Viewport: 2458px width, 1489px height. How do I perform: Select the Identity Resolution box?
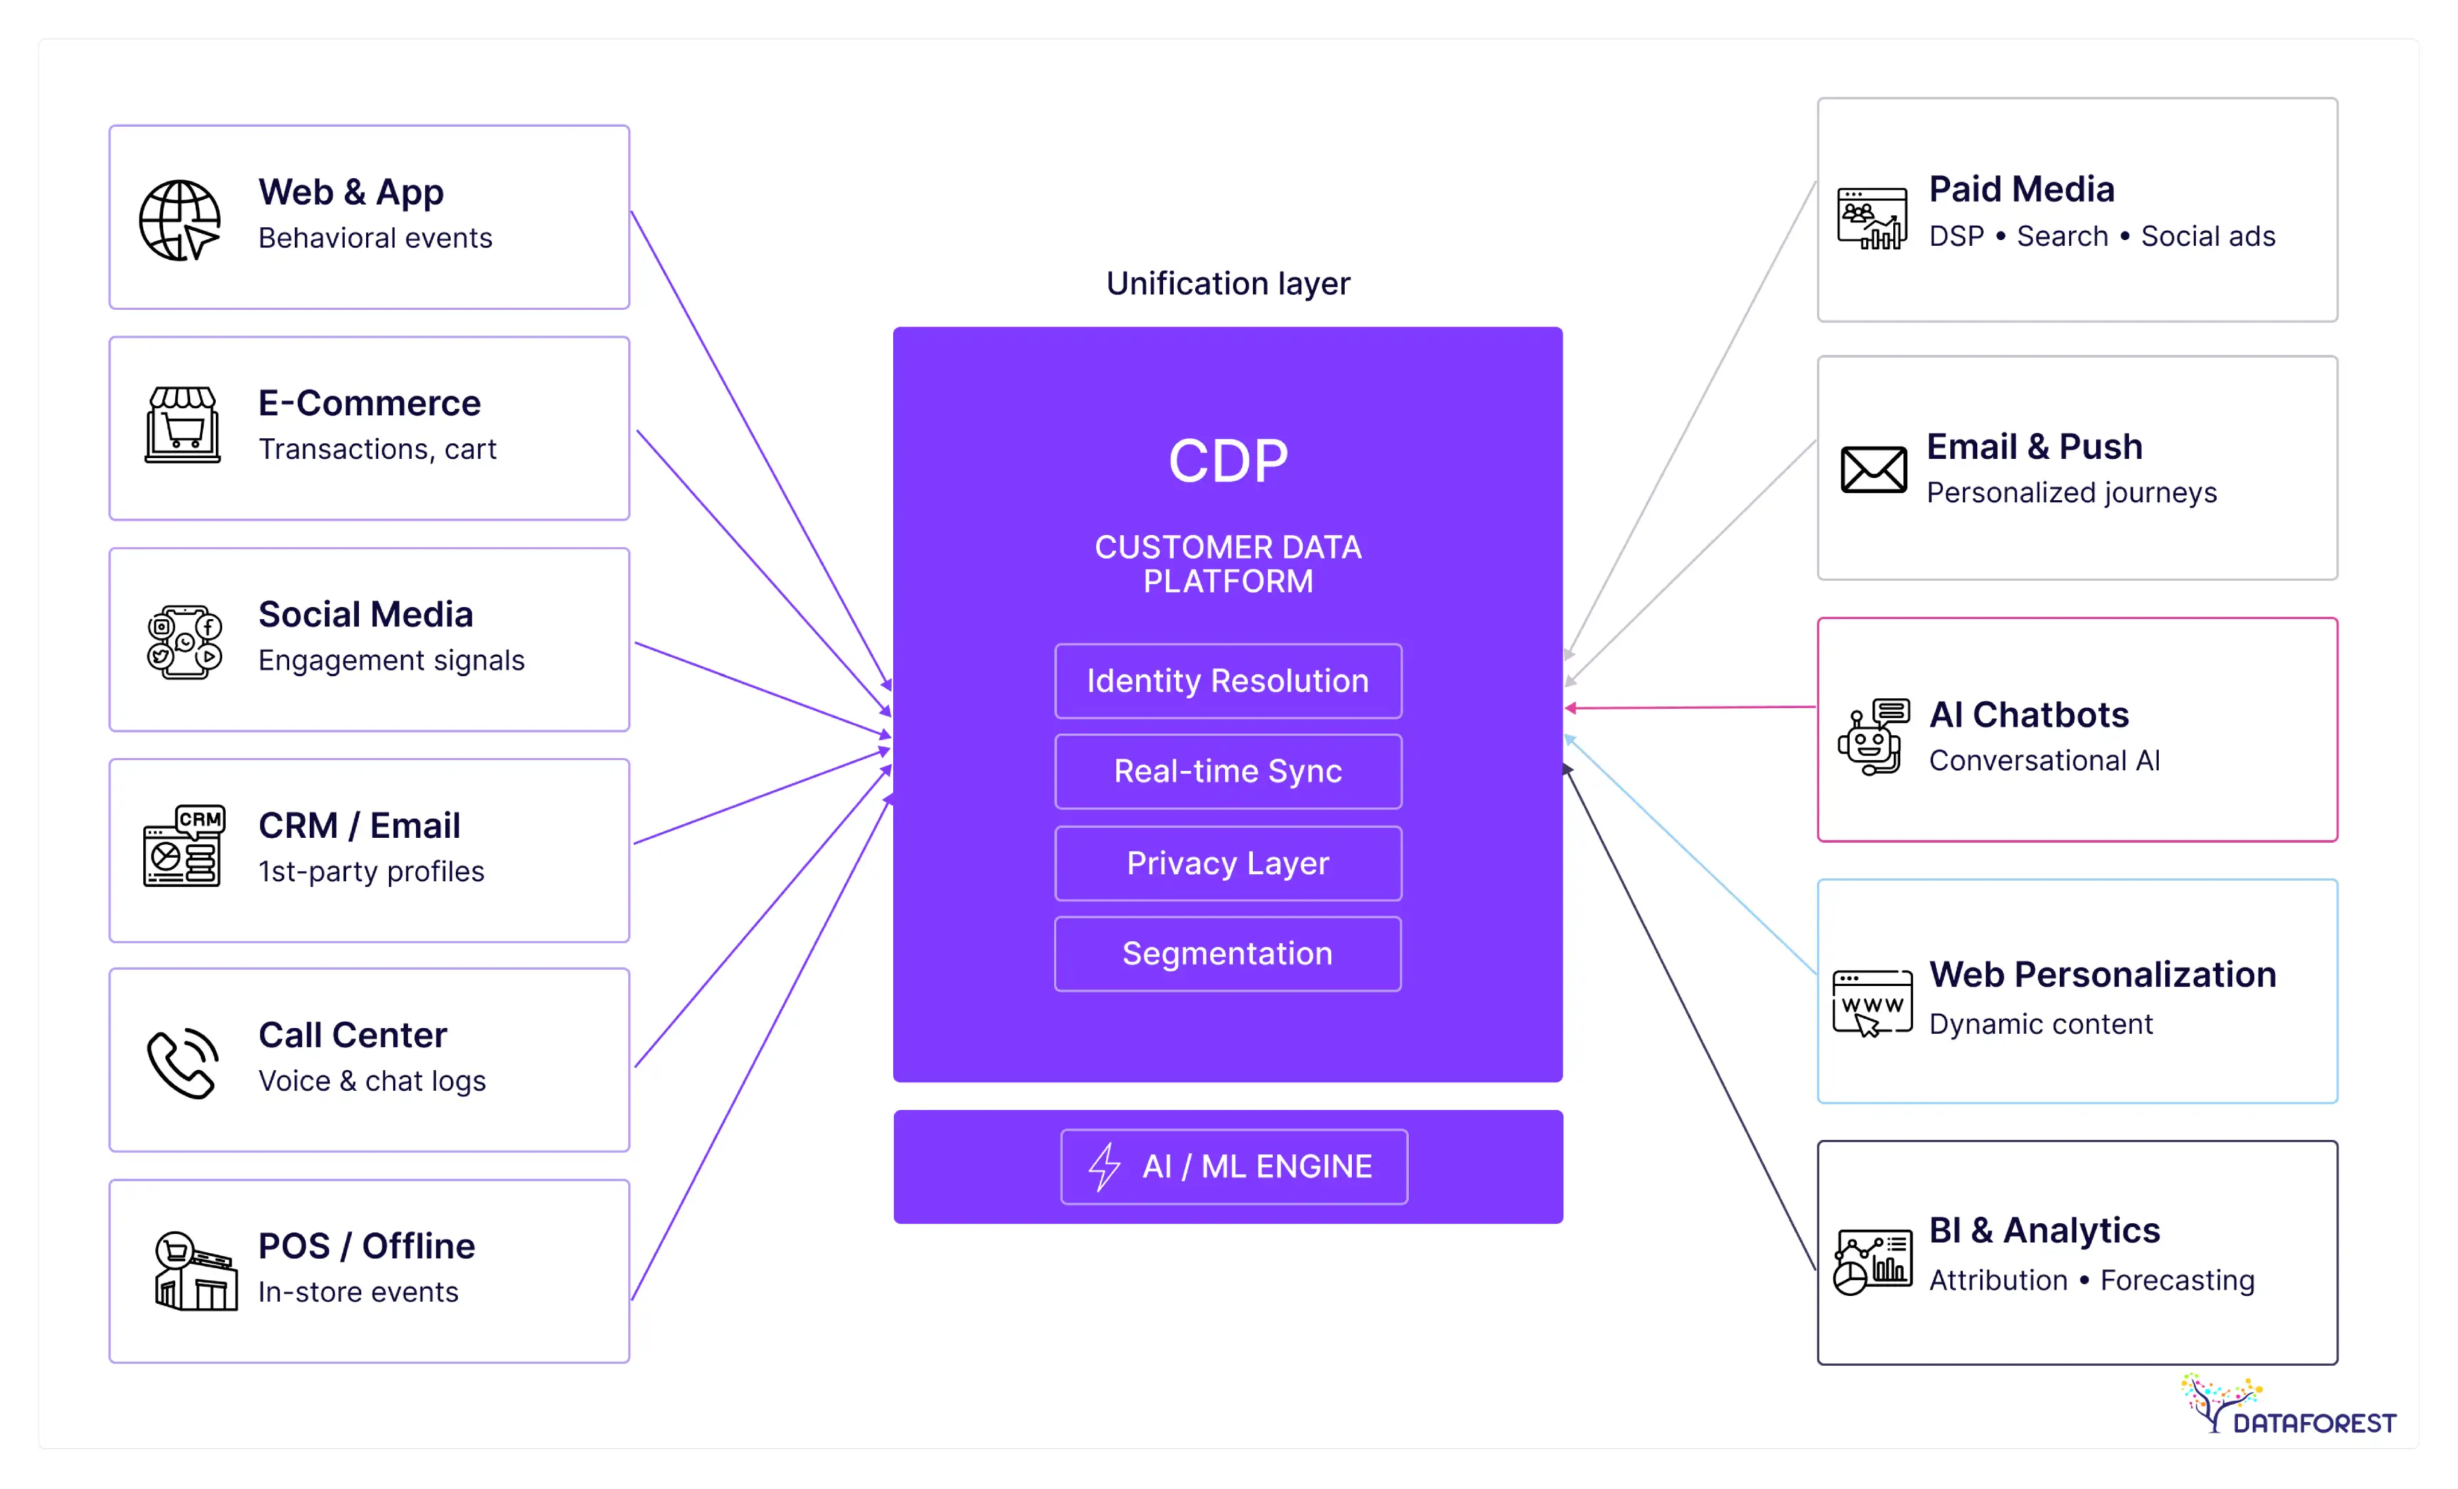click(1227, 680)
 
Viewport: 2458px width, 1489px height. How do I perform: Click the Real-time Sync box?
click(1227, 772)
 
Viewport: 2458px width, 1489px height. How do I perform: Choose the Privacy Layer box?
click(1227, 863)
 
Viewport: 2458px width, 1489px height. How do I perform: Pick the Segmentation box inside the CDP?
click(1227, 954)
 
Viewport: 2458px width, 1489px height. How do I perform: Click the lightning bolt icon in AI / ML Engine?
click(1104, 1167)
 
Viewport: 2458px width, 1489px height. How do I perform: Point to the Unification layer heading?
click(1227, 284)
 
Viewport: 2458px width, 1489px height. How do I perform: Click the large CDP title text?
click(1227, 461)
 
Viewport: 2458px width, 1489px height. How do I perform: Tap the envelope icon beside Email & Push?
click(1873, 469)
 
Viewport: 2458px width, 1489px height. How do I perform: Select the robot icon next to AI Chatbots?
click(1873, 737)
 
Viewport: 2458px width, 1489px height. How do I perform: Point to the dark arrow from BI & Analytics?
click(1691, 1018)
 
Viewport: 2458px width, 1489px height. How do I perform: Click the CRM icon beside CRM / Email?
click(184, 846)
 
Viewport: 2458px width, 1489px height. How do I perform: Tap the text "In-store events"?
click(358, 1292)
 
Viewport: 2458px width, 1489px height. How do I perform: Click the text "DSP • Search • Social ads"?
click(2101, 237)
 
